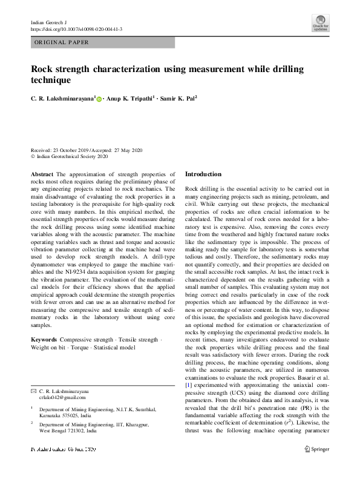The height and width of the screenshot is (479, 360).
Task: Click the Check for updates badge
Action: (320, 25)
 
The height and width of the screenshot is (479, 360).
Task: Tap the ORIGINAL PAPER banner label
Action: (61, 42)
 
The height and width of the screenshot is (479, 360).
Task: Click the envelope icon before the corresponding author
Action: (33, 392)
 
